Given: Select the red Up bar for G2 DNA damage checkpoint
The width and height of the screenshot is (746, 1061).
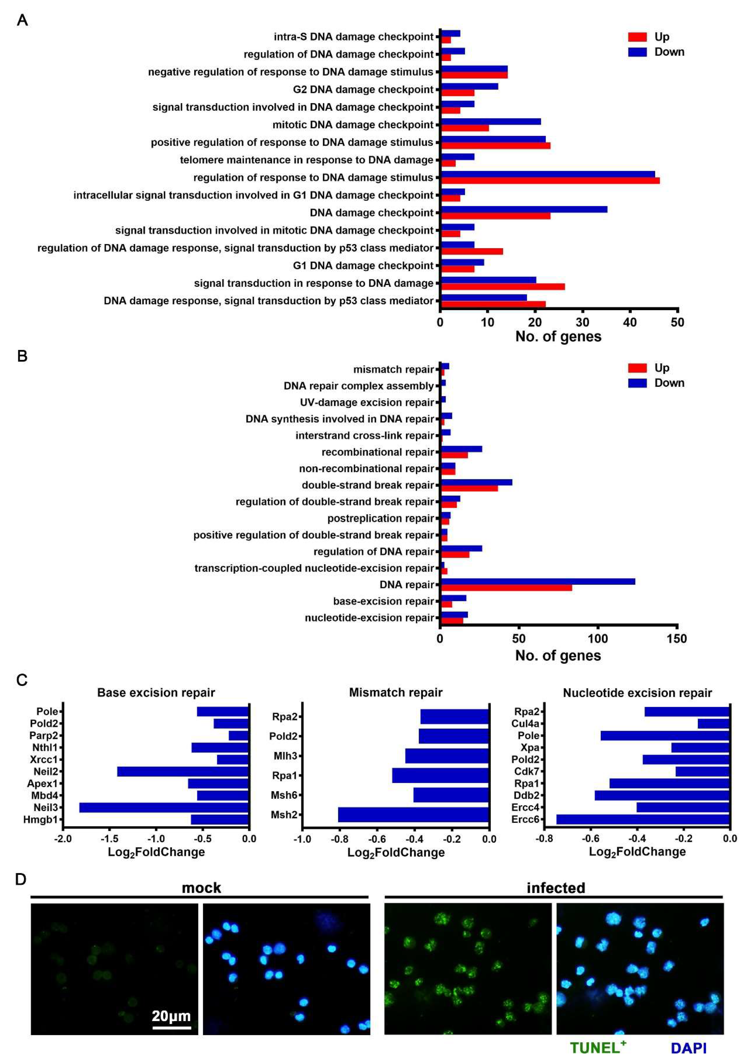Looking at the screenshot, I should point(457,93).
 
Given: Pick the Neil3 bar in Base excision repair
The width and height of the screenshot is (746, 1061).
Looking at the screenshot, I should point(164,808).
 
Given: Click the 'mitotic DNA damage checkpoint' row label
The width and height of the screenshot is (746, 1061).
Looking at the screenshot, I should point(353,125).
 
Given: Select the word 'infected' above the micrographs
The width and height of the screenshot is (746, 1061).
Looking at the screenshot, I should point(556,888).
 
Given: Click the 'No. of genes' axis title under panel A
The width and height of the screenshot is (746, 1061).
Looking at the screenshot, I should point(558,336).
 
